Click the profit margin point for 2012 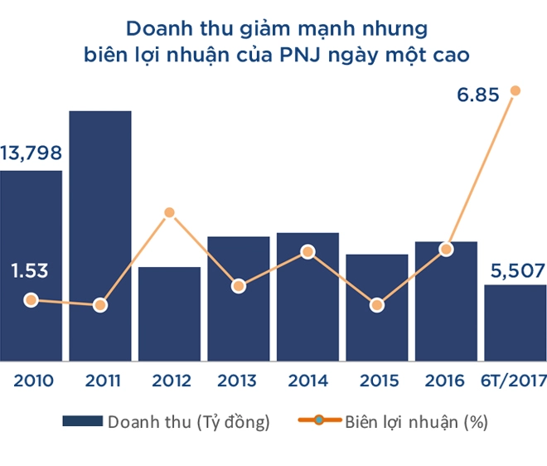[169, 212]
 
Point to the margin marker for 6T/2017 [516, 90]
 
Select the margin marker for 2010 [31, 300]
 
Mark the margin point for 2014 [307, 251]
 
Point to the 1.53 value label [30, 270]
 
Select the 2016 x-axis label [446, 382]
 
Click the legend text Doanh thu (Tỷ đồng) [189, 422]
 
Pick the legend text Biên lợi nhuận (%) [417, 422]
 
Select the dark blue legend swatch [82, 422]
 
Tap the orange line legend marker [318, 422]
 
